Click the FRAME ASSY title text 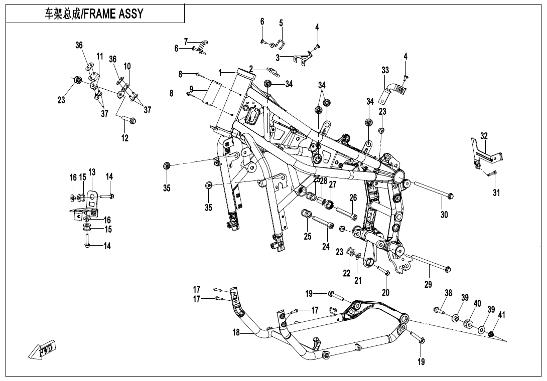(x=94, y=14)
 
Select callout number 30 (x=444, y=215)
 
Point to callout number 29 (x=428, y=284)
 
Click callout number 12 (x=125, y=138)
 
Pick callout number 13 (x=92, y=172)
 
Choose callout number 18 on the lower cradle (x=236, y=332)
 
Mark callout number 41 (x=501, y=315)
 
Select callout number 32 (x=484, y=136)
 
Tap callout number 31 (x=496, y=193)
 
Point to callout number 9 (x=191, y=89)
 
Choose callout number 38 (x=448, y=293)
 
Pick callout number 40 (x=477, y=303)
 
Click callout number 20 (x=386, y=292)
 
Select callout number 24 (x=326, y=246)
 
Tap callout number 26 (x=353, y=198)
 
